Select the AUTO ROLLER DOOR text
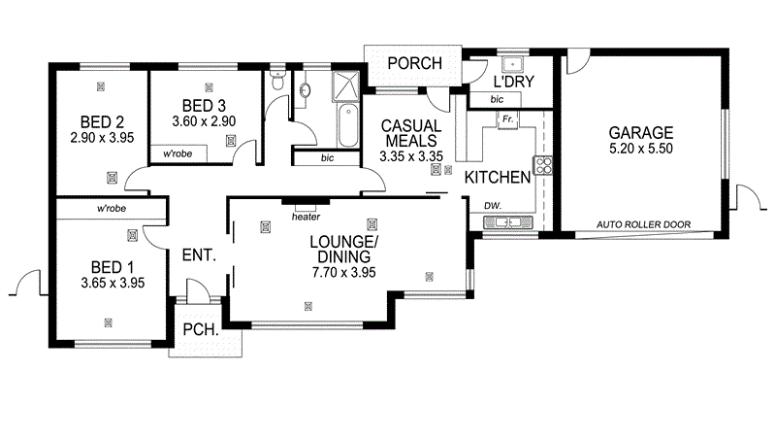click(656, 223)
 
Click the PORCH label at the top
click(414, 64)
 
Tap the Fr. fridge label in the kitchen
click(506, 119)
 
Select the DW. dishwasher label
click(493, 205)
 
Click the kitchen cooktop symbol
click(542, 164)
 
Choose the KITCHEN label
click(497, 178)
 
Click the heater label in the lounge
click(306, 216)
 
